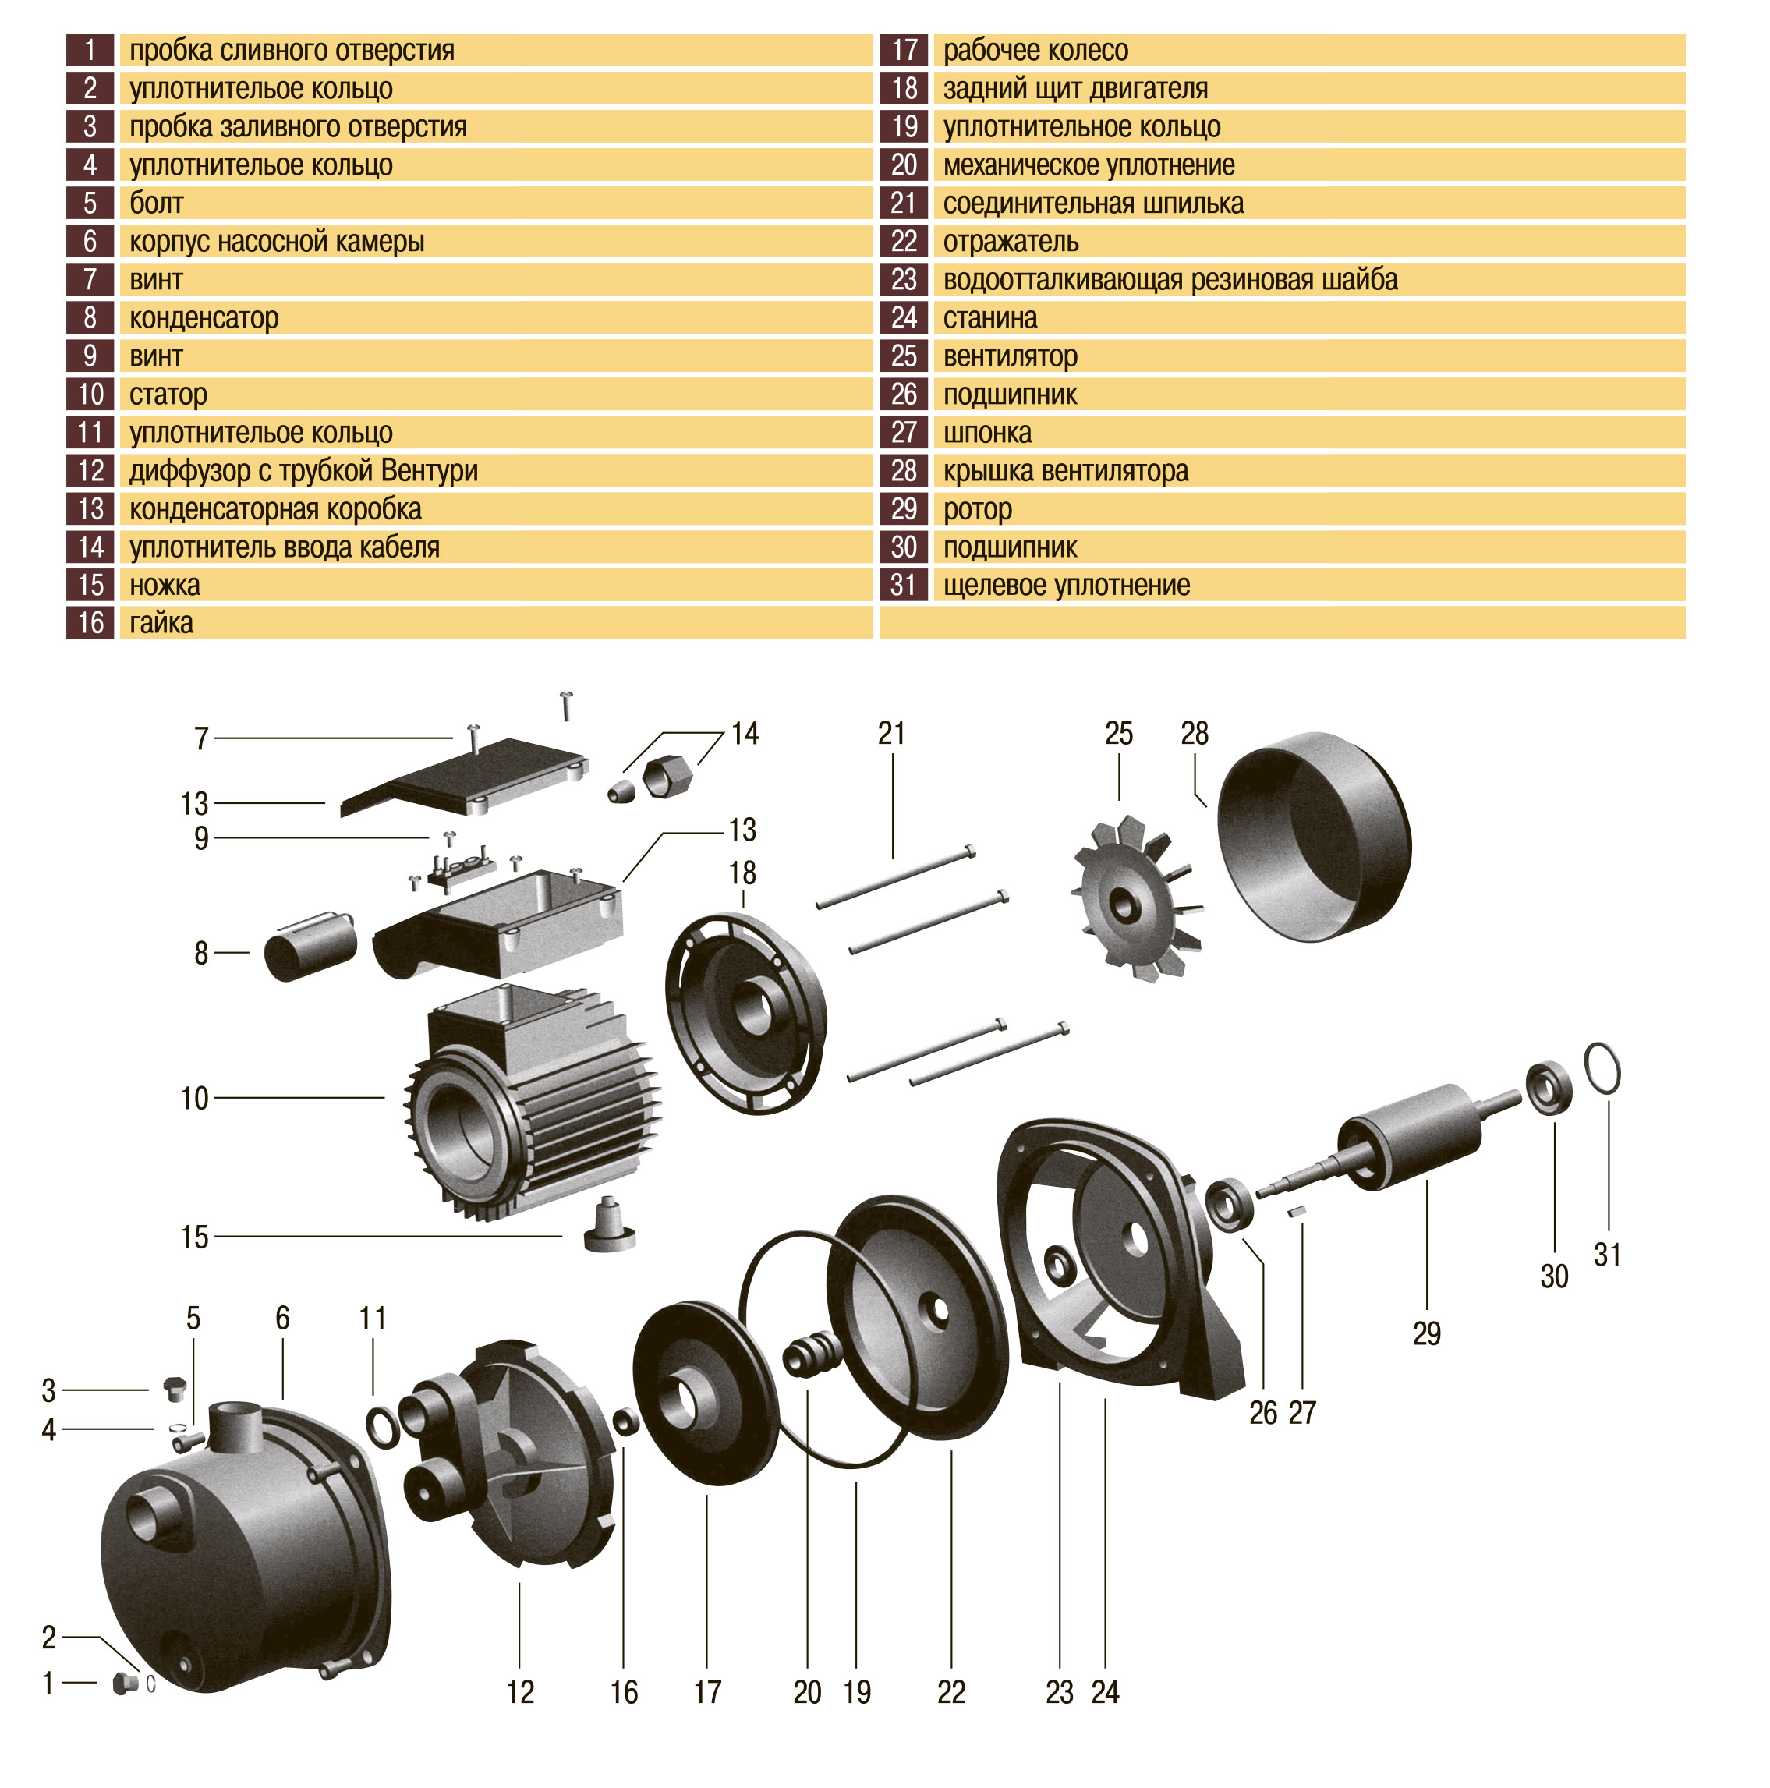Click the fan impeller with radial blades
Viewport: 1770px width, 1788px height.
click(x=1134, y=898)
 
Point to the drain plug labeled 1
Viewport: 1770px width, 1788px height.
click(x=124, y=1683)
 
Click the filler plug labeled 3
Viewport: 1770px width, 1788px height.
click(x=173, y=1388)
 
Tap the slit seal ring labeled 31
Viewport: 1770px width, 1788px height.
click(x=1602, y=1067)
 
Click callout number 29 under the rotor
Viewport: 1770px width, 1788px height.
click(x=1426, y=1333)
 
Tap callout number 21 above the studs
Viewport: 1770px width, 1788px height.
click(x=891, y=734)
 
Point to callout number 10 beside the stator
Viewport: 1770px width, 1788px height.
click(x=194, y=1099)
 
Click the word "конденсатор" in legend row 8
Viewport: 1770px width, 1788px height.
click(x=204, y=318)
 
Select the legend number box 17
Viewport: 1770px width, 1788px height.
click(x=903, y=50)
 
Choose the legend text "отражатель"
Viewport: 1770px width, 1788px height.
click(x=1011, y=243)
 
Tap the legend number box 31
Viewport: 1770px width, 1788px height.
click(x=903, y=585)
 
